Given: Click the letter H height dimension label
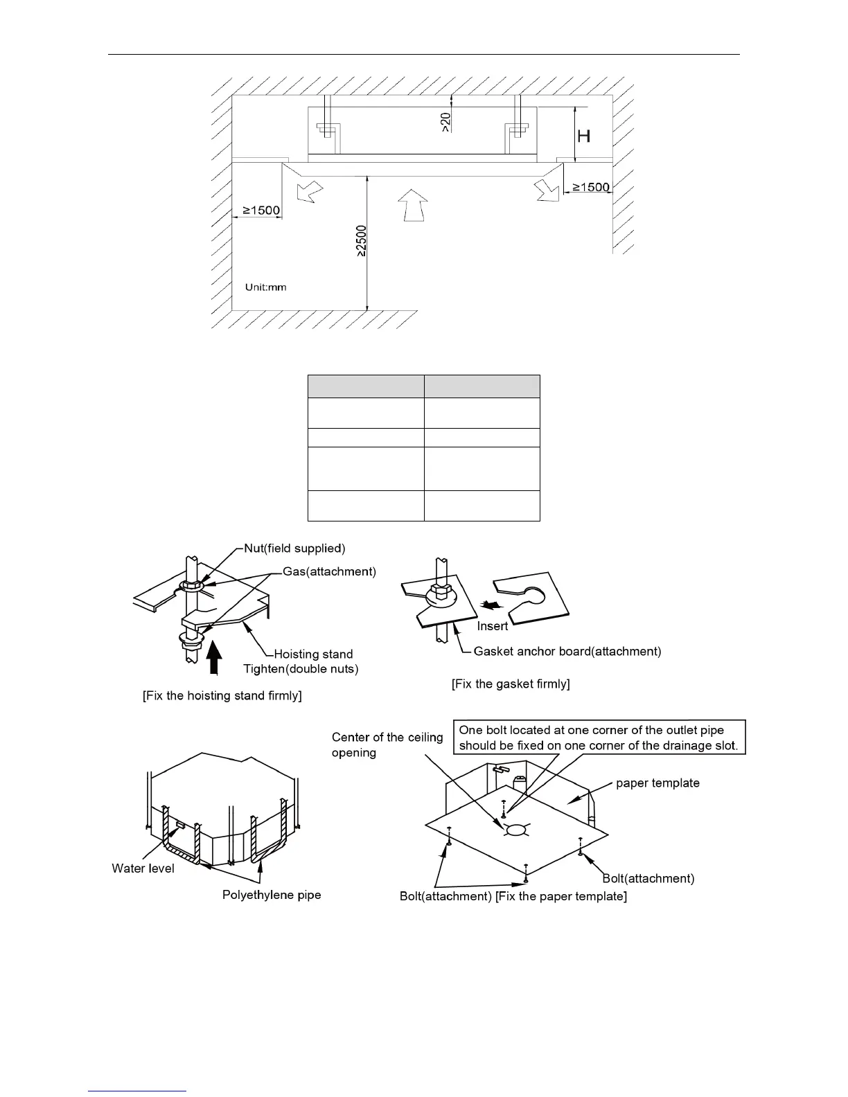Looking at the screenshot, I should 584,135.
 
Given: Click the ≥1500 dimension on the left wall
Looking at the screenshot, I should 260,210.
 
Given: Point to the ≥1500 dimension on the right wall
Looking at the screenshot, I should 591,187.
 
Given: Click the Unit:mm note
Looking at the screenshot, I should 265,287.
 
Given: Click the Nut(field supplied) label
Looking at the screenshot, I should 294,548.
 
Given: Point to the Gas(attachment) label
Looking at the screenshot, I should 329,571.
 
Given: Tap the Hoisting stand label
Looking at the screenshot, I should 313,654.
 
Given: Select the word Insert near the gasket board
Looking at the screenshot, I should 493,626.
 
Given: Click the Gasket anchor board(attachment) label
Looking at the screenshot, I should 567,651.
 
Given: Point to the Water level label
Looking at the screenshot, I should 143,868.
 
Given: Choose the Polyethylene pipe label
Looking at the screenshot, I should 272,895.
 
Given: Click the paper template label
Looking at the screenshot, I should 657,783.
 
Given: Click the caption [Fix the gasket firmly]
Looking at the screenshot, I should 511,684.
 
